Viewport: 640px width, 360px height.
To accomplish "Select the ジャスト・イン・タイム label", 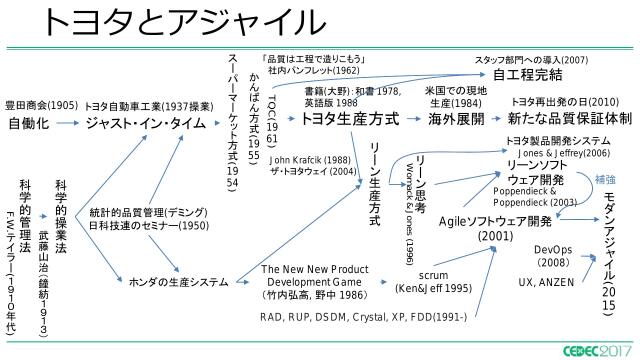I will coord(146,123).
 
